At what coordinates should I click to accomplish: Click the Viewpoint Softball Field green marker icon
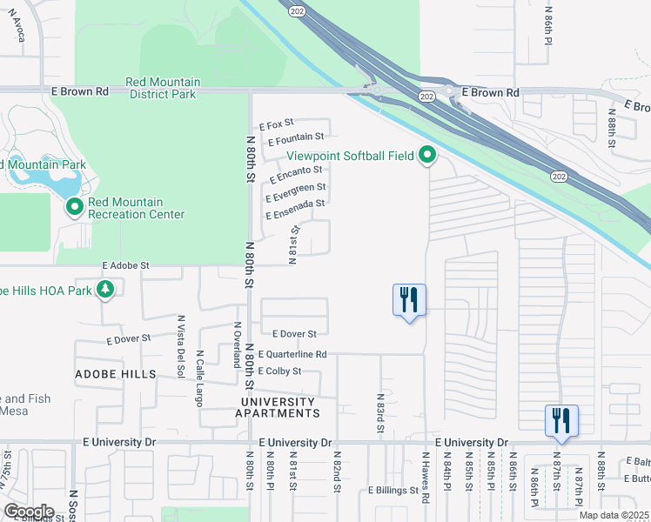coord(427,157)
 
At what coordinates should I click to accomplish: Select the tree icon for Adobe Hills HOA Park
coord(106,289)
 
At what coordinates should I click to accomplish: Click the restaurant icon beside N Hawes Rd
coord(409,300)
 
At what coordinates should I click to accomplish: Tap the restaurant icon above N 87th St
coord(561,421)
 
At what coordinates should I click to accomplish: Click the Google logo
coord(30,512)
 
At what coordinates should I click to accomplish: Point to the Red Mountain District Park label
coord(162,88)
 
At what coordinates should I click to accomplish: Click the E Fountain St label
coord(296,137)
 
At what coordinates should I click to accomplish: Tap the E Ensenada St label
coord(295,204)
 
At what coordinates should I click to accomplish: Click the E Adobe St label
coord(126,264)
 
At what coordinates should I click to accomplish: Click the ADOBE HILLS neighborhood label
coord(115,374)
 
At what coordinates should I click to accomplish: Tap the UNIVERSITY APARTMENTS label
coord(280,407)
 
